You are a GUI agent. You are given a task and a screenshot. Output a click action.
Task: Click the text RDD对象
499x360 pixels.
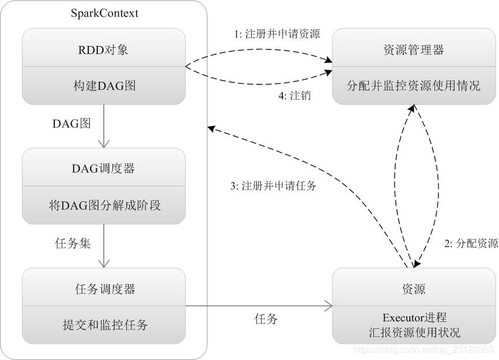pos(104,50)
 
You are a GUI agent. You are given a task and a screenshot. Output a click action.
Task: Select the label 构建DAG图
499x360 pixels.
pos(104,86)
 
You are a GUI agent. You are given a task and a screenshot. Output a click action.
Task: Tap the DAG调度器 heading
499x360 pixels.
pos(104,168)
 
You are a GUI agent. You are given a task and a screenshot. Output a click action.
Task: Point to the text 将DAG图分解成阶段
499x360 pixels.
pos(104,205)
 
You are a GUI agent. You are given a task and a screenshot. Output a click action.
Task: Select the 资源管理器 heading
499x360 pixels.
pos(414,50)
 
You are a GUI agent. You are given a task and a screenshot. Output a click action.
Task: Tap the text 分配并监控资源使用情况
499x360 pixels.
pos(414,86)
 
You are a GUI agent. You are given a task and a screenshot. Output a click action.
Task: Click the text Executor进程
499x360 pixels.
pos(414,317)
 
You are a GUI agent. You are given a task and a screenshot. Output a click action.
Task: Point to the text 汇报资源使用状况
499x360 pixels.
pos(414,332)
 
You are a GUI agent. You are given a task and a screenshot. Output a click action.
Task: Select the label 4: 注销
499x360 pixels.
pos(294,96)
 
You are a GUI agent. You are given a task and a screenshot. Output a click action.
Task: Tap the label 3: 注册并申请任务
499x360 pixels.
pos(273,186)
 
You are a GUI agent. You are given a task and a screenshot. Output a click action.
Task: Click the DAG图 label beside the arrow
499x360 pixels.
pos(72,123)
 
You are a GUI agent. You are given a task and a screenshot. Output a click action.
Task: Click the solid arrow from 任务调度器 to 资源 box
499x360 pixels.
pos(259,306)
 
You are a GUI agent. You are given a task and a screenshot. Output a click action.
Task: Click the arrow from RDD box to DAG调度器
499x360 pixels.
pos(104,126)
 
